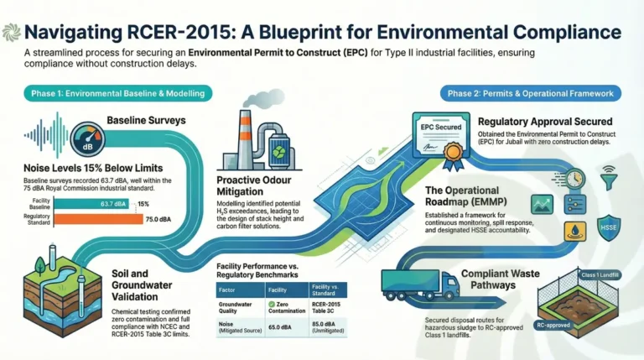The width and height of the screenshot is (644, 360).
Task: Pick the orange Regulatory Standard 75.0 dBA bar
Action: (x=103, y=219)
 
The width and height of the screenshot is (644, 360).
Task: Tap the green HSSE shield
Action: (x=608, y=226)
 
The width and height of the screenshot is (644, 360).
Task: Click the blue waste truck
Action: (x=420, y=284)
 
